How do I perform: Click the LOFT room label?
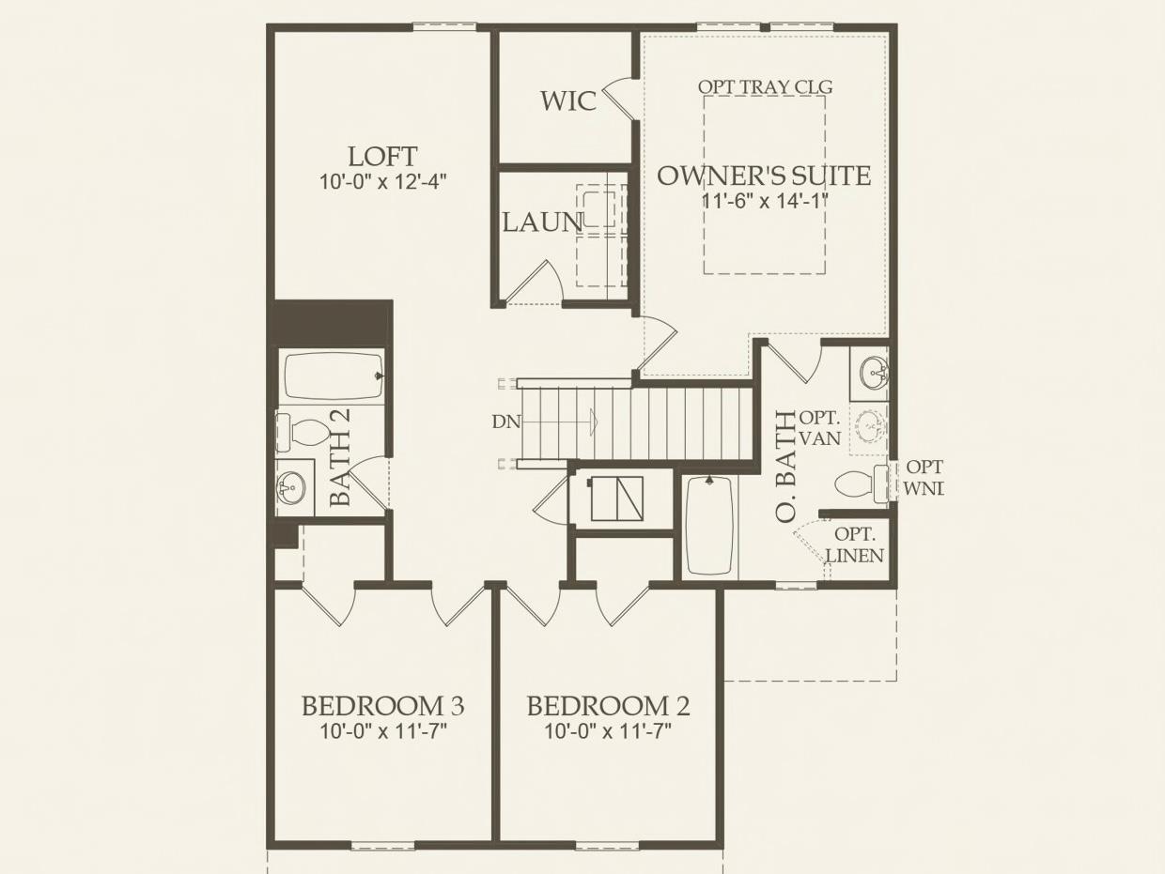pyautogui.click(x=382, y=156)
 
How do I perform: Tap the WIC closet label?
pyautogui.click(x=568, y=100)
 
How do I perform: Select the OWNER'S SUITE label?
pyautogui.click(x=763, y=176)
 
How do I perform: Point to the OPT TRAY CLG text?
pyautogui.click(x=765, y=86)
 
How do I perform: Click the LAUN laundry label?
pyautogui.click(x=542, y=222)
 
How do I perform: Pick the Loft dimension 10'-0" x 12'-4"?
pyautogui.click(x=382, y=182)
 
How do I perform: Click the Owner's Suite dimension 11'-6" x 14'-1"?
pyautogui.click(x=764, y=200)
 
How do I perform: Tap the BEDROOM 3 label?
pyautogui.click(x=382, y=705)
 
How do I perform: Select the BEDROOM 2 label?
pyautogui.click(x=608, y=705)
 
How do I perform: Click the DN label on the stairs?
pyautogui.click(x=505, y=422)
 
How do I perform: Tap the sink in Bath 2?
pyautogui.click(x=291, y=487)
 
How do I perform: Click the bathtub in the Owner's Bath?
pyautogui.click(x=709, y=526)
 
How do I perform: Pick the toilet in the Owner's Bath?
pyautogui.click(x=857, y=483)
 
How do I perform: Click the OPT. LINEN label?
pyautogui.click(x=855, y=545)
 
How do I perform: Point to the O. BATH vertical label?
pyautogui.click(x=784, y=467)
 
